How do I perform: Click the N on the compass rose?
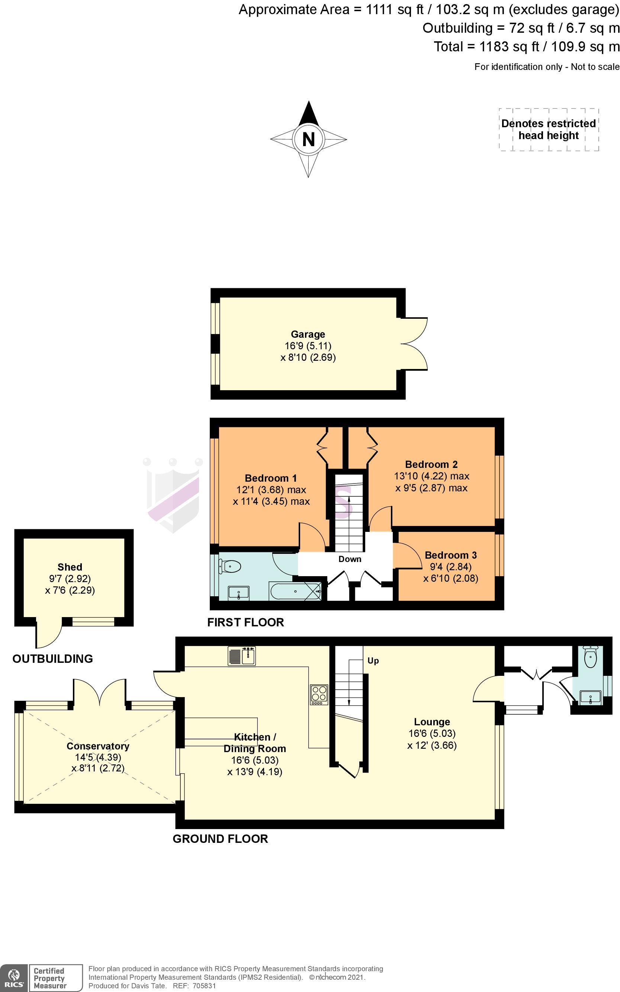click(308, 139)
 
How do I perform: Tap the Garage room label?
click(308, 334)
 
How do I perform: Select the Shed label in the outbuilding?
click(70, 567)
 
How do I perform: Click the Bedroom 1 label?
click(271, 478)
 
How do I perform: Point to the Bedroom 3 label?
click(451, 555)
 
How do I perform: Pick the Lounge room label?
click(432, 722)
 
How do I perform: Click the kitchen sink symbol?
click(242, 655)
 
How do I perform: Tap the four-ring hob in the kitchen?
click(319, 695)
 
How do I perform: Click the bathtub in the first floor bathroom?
click(295, 591)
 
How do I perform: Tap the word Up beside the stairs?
click(373, 661)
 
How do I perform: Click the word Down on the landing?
click(350, 559)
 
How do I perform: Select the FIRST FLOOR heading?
click(245, 623)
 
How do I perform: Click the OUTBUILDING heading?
click(52, 659)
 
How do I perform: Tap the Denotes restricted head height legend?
click(549, 129)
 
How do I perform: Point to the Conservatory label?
click(98, 746)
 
